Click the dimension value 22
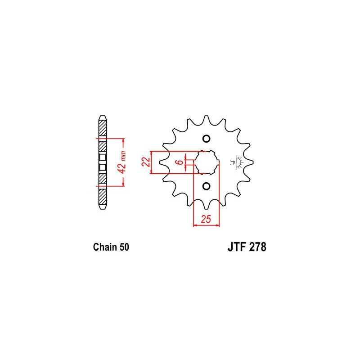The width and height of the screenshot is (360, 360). coord(146,162)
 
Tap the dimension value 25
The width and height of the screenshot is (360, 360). coord(206,219)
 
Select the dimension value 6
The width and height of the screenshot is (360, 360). coord(180,162)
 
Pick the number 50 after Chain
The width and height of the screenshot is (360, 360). coord(124,247)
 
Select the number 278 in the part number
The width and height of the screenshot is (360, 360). coord(258,247)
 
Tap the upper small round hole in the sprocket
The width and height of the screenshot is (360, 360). coord(206,139)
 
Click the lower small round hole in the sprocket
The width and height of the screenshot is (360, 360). coord(206,186)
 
